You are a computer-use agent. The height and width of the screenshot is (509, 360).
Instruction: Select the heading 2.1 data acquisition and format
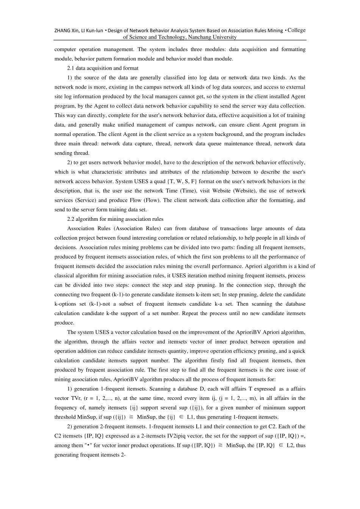click(x=103, y=68)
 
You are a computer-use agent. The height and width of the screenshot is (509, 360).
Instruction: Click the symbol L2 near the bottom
click(x=290, y=445)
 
